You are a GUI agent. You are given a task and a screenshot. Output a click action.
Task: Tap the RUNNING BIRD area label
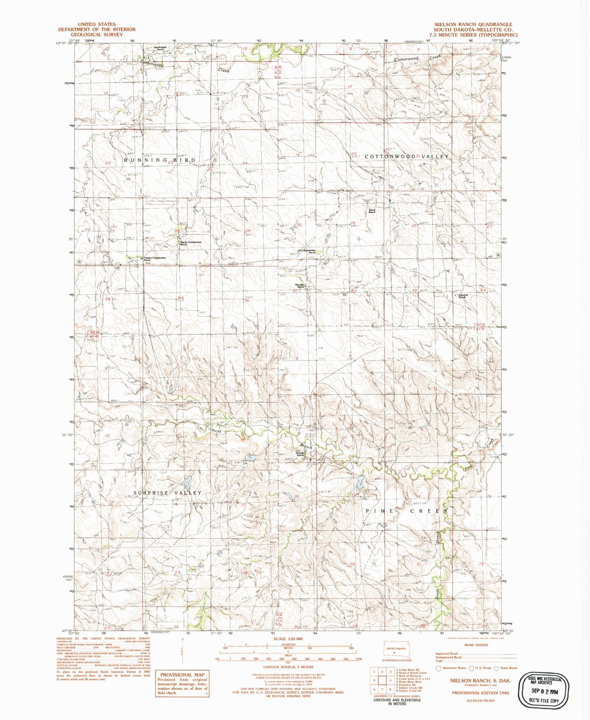tap(160, 160)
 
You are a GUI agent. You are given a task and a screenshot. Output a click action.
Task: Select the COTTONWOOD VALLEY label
tap(407, 157)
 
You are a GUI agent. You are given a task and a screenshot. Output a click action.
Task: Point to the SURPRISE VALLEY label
tap(167, 493)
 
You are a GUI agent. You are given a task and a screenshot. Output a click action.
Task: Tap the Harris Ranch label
tap(372, 211)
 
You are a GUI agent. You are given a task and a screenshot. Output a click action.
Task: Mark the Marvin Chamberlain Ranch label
tap(191, 243)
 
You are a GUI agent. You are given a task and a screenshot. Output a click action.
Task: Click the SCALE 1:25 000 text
tap(288, 639)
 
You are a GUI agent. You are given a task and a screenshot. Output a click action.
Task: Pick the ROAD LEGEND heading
tap(476, 645)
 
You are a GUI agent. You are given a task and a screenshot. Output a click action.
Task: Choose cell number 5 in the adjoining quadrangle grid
tap(391, 680)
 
